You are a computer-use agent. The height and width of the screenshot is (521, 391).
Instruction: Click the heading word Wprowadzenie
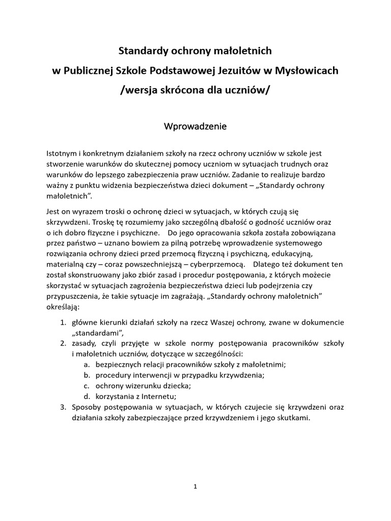[x=195, y=125]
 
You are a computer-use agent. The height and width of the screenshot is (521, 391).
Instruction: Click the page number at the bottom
[x=195, y=486]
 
